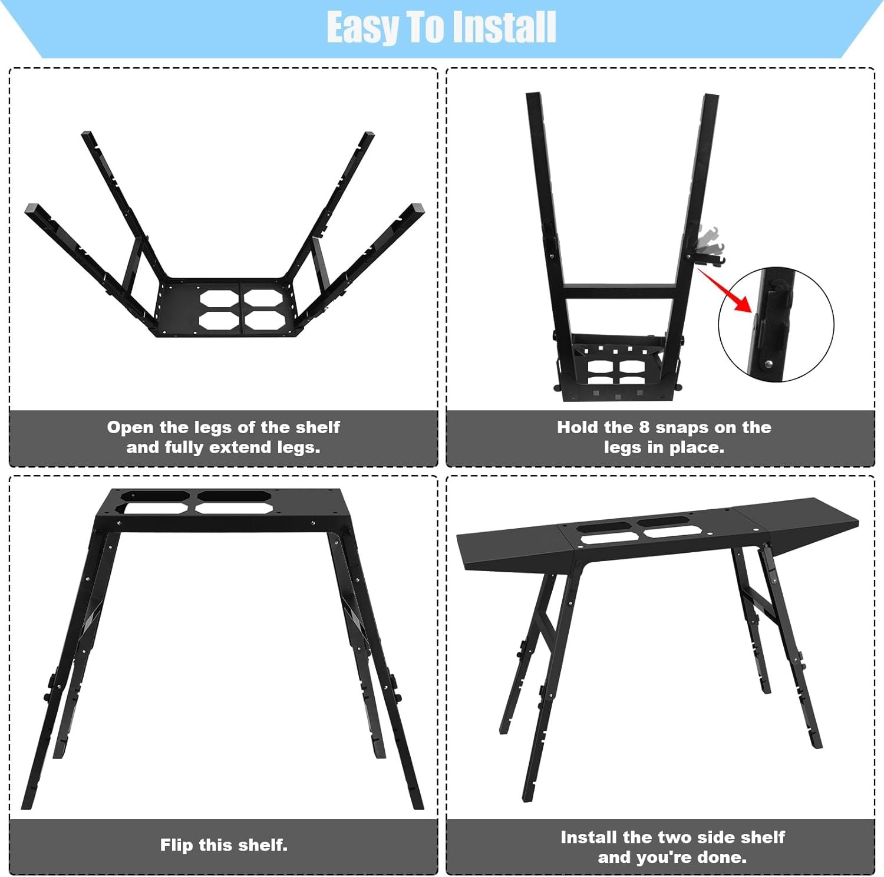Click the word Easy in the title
pos(361,28)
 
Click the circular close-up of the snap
pos(776,324)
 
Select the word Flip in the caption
pos(177,845)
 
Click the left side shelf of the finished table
pos(513,546)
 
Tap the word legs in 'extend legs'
pos(298,447)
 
